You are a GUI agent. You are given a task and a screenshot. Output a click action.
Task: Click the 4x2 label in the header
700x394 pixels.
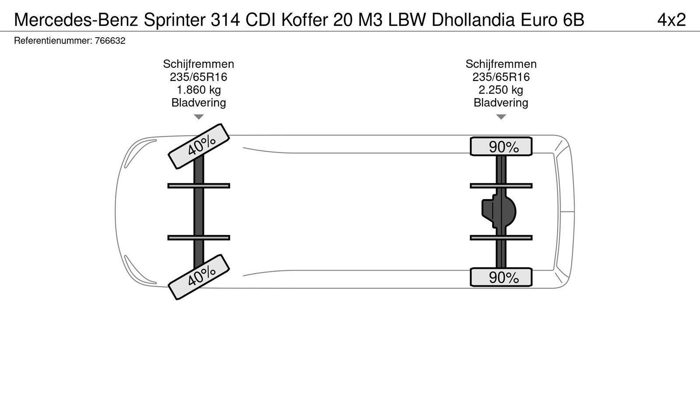[671, 20]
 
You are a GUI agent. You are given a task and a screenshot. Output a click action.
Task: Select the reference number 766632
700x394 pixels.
[110, 41]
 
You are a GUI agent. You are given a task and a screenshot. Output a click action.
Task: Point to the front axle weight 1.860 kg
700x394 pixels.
[199, 90]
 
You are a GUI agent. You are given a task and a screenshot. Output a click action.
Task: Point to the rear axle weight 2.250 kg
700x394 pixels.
[501, 90]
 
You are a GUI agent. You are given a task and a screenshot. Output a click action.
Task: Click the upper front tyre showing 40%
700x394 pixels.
[199, 146]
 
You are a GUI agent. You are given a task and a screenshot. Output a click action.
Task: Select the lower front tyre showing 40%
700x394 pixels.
[199, 277]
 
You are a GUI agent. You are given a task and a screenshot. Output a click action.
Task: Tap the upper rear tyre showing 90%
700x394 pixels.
[501, 147]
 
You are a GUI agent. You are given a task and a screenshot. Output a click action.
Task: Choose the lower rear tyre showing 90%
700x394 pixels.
[501, 277]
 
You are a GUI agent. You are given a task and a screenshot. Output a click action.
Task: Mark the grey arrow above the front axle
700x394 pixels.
[199, 117]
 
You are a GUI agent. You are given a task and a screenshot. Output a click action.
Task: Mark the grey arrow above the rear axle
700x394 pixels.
[501, 117]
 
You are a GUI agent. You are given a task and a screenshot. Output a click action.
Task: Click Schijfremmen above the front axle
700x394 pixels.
[199, 64]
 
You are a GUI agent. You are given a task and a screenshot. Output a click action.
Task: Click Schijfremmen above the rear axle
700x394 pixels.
[501, 64]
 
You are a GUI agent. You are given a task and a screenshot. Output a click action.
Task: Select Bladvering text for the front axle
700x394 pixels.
[199, 102]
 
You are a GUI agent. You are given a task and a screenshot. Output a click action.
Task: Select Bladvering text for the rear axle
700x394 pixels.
[501, 102]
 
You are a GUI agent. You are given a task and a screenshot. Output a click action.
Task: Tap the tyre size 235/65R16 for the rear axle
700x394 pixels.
[501, 77]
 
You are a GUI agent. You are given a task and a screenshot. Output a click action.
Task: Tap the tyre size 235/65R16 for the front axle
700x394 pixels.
[199, 77]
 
